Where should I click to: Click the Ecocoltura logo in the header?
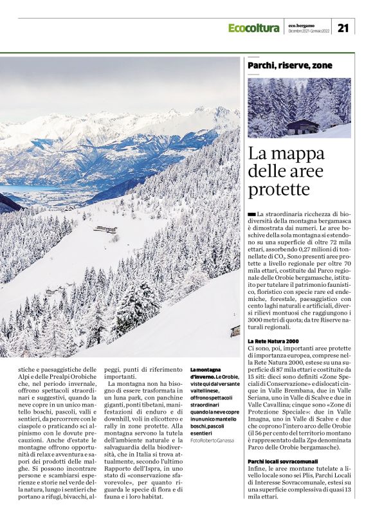point(253,28)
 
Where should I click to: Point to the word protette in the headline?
point(280,190)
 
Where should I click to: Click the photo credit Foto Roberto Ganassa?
point(212,421)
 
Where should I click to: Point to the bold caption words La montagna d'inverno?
point(205,374)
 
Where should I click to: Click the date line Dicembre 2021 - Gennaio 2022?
point(309,31)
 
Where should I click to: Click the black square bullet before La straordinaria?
point(251,213)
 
